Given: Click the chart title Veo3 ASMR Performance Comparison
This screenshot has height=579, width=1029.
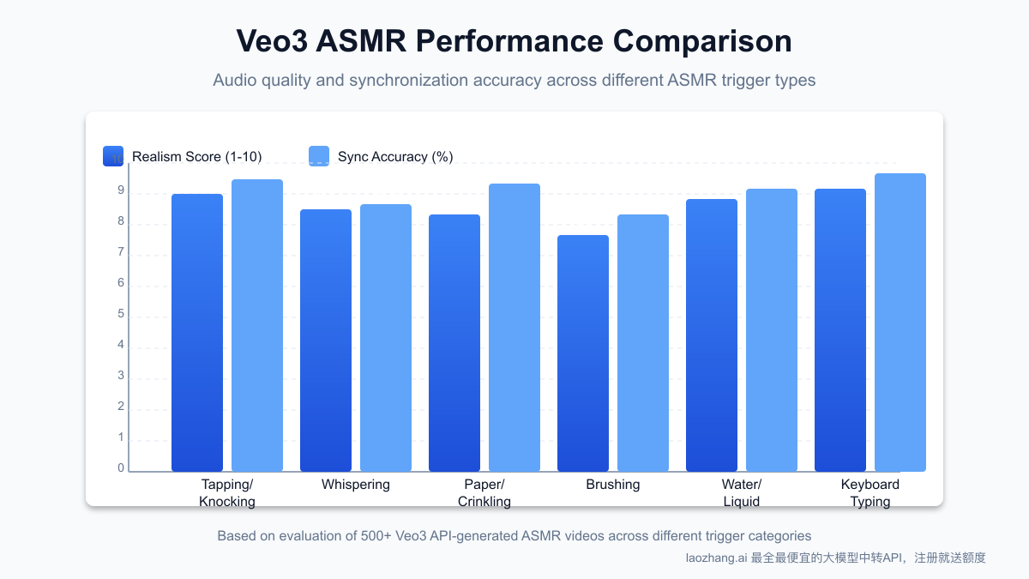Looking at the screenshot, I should pos(514,41).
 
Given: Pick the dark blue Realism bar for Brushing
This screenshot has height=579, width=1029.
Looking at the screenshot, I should pos(583,353).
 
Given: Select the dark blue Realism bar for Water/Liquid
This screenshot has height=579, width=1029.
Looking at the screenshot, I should pos(712,335).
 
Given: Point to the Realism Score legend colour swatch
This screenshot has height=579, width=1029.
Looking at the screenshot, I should pos(113,156).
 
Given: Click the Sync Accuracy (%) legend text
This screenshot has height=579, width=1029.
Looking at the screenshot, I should pos(395,156).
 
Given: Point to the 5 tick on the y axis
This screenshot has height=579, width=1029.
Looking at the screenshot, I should pos(121,314).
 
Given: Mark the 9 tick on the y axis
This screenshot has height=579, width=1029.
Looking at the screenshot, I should pos(121,191).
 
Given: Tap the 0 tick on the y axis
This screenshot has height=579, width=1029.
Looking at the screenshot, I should pos(121,468).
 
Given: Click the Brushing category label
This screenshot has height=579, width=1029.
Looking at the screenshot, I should pos(613,485).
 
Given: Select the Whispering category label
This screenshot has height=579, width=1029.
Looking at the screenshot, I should pos(356,485).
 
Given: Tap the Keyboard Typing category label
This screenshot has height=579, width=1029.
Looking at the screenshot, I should pos(870,493).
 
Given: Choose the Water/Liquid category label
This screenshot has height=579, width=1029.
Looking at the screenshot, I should pos(742,493).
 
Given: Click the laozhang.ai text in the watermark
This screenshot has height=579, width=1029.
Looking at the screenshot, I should pos(716,558).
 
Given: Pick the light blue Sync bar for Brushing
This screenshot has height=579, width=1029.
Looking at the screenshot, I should pos(643,342).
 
